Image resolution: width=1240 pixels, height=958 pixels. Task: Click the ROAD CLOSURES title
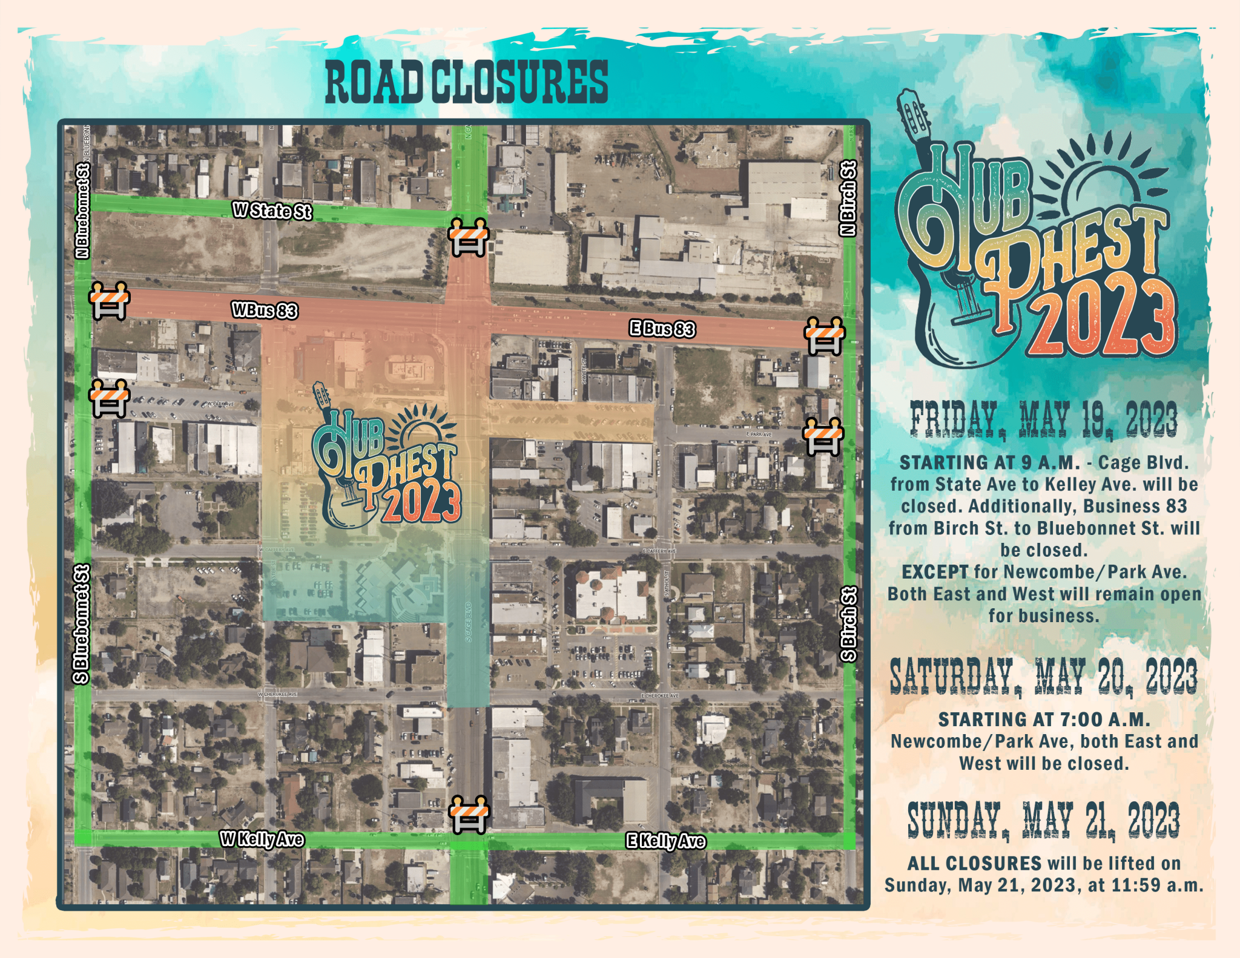pos(466,82)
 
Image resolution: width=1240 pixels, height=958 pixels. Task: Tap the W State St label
pos(272,211)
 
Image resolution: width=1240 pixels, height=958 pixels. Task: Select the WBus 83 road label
pos(265,310)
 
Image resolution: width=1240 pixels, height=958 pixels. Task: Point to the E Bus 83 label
pos(662,329)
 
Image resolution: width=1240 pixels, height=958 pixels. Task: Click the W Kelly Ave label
pos(262,839)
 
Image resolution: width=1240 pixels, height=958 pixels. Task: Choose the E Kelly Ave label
pos(665,841)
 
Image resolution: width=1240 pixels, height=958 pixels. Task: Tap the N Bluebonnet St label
pos(82,210)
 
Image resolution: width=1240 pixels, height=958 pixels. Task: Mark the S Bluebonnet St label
pos(81,624)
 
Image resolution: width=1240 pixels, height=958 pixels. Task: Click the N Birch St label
pos(849,198)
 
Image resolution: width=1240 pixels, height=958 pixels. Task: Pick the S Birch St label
pos(849,624)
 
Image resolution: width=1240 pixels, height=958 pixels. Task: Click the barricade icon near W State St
pos(468,237)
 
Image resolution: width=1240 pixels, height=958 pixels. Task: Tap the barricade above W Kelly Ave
pos(468,814)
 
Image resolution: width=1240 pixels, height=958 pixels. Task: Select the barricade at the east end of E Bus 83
pos(823,335)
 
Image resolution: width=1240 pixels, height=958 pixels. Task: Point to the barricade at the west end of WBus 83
pos(109,300)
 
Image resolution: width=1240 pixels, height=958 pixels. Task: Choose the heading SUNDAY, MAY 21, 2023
pos(1044,821)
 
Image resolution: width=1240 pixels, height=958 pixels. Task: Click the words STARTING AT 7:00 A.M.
pos(1044,720)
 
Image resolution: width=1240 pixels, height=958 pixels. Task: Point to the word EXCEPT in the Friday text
pos(935,572)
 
